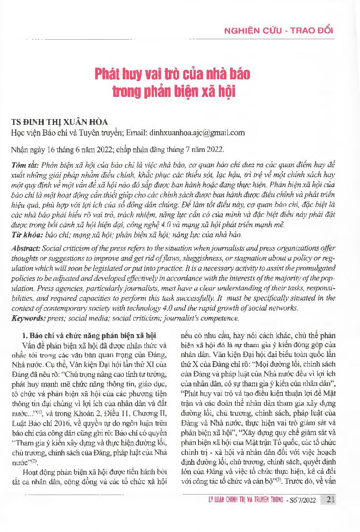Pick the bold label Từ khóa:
(x=26, y=235)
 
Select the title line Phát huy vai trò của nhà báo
(x=172, y=73)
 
